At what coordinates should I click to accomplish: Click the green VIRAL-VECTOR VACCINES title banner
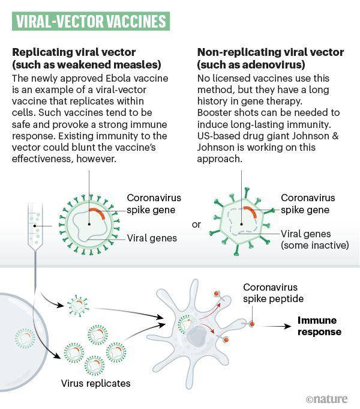click(x=91, y=21)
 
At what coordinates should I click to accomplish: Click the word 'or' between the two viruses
click(x=196, y=225)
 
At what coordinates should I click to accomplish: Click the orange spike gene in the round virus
click(x=97, y=213)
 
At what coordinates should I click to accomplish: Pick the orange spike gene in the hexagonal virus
click(x=251, y=212)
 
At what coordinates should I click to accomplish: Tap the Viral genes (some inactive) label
click(x=314, y=240)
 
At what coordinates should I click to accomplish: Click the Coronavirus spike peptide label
click(x=273, y=293)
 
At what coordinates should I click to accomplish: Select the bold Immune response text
click(x=319, y=326)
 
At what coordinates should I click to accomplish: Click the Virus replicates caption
click(x=95, y=383)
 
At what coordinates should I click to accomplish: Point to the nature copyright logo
click(x=327, y=399)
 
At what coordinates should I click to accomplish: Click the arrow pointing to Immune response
click(x=276, y=326)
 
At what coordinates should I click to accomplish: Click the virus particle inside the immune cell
click(x=185, y=324)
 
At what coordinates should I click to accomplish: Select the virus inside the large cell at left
click(x=25, y=338)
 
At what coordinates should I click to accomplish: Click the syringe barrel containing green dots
click(x=35, y=225)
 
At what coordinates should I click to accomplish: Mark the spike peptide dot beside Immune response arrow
click(x=252, y=324)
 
